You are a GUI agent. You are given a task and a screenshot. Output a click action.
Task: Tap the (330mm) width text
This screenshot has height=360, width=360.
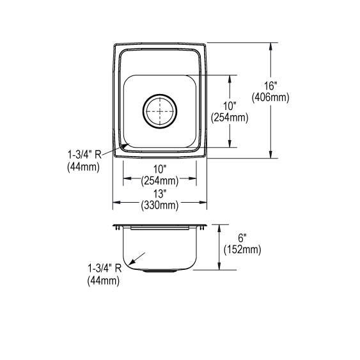(160, 205)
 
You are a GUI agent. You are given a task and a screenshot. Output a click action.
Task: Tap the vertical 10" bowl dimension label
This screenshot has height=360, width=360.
(230, 106)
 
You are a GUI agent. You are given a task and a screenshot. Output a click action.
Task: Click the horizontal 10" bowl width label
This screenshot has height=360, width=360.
(160, 169)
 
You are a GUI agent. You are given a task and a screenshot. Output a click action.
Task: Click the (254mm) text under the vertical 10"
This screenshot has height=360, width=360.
(230, 117)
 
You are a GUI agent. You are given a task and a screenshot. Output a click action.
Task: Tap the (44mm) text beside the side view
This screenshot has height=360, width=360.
(103, 279)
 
